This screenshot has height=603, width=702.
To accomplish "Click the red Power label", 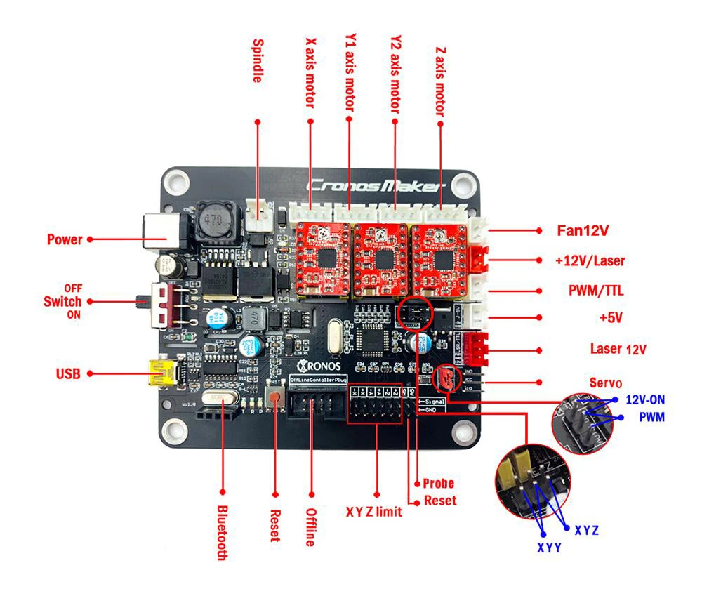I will tap(65, 239).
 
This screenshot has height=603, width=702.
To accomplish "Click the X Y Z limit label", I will tap(374, 511).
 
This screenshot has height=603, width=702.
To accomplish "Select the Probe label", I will tap(438, 483).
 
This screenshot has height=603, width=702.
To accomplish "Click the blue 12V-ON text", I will tap(644, 399).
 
